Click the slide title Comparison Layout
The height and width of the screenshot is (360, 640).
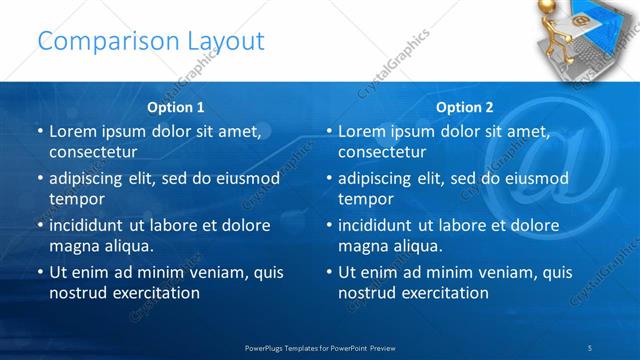151,41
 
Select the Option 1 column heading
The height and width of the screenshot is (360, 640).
176,107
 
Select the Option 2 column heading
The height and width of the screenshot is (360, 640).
465,107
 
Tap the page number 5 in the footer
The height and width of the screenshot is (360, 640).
590,347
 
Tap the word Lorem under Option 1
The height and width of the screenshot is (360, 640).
73,132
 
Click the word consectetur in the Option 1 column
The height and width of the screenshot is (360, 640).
93,152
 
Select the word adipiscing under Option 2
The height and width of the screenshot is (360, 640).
378,179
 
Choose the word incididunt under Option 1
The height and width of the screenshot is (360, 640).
91,226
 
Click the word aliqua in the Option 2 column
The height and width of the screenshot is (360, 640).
419,246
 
